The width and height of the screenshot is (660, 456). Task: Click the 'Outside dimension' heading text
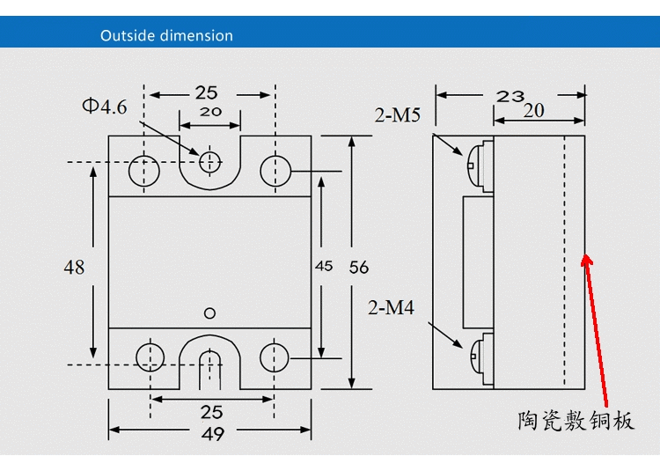[166, 36]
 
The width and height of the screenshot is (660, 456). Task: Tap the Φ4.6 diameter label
[105, 107]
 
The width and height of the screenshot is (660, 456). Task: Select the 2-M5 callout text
[398, 114]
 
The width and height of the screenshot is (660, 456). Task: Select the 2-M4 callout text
[391, 307]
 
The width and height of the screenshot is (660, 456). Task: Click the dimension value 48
[74, 266]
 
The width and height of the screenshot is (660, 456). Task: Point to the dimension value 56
[359, 267]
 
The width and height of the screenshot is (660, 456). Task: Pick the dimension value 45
[324, 267]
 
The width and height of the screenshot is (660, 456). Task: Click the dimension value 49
[212, 433]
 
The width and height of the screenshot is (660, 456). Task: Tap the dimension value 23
[510, 96]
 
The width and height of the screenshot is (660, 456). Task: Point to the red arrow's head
[588, 260]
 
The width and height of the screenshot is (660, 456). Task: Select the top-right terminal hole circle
[275, 170]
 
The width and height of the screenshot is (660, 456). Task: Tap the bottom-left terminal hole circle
[150, 357]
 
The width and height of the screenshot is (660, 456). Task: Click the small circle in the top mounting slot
[209, 161]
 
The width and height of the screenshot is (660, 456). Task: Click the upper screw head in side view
[478, 164]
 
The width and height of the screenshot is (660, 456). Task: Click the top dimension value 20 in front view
[210, 112]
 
